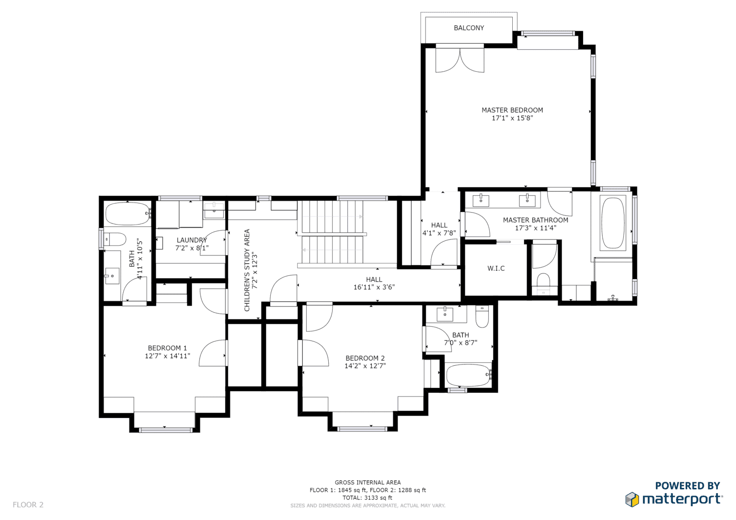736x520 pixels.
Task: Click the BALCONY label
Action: click(469, 28)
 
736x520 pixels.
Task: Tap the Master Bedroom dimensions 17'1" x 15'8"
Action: click(512, 118)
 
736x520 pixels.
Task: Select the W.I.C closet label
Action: click(496, 269)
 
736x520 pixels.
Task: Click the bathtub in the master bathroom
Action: click(613, 223)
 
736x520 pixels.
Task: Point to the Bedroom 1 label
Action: click(167, 348)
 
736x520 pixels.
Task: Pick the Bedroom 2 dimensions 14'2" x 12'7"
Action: click(365, 366)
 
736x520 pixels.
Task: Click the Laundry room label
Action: click(191, 240)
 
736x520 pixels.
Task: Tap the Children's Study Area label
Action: click(247, 270)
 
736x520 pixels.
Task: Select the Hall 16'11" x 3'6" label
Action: click(374, 283)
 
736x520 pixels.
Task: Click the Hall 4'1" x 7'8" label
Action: click(439, 229)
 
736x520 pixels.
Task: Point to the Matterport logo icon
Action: click(632, 499)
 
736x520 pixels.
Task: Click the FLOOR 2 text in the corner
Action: click(28, 505)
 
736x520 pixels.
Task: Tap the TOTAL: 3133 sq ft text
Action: click(368, 497)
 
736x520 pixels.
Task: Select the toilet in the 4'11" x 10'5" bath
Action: click(115, 238)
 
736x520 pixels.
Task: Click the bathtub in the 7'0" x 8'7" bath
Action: click(468, 375)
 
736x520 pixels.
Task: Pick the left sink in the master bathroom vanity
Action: click(481, 200)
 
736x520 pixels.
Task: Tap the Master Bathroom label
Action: click(535, 220)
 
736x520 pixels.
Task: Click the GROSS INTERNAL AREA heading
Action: click(368, 483)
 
